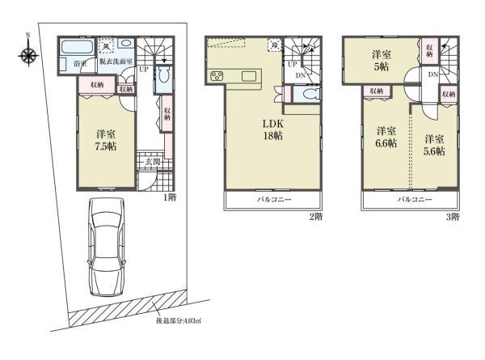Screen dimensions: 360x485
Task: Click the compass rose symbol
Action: tap(29, 55)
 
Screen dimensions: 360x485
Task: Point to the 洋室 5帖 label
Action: tap(382, 61)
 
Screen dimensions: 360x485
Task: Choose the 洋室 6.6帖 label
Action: tap(384, 138)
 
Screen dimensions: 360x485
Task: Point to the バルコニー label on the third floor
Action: tap(414, 199)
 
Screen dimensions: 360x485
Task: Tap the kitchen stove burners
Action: tap(217, 77)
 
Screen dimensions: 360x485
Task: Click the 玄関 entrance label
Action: tap(150, 163)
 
